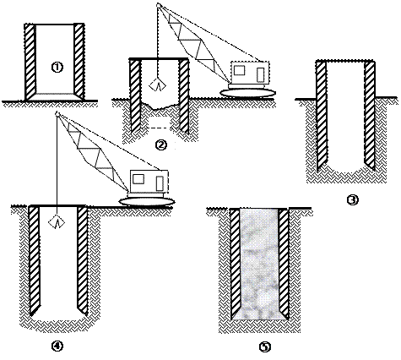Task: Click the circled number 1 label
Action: (57, 68)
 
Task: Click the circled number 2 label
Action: (160, 145)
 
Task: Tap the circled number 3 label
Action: (352, 199)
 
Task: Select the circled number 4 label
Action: (57, 346)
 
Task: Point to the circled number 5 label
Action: (264, 346)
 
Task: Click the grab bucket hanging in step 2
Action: (158, 85)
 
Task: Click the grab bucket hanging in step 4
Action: (57, 221)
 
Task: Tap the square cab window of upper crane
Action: (239, 70)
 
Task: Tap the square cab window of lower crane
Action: (138, 179)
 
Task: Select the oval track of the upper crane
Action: (247, 93)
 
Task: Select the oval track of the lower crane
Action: (147, 202)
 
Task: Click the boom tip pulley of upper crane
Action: (159, 5)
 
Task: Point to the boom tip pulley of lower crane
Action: (57, 114)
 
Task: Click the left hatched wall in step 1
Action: (30, 62)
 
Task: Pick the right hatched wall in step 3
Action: (370, 116)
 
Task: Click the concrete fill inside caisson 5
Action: (259, 264)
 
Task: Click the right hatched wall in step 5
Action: (284, 262)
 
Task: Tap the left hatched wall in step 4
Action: (34, 260)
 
